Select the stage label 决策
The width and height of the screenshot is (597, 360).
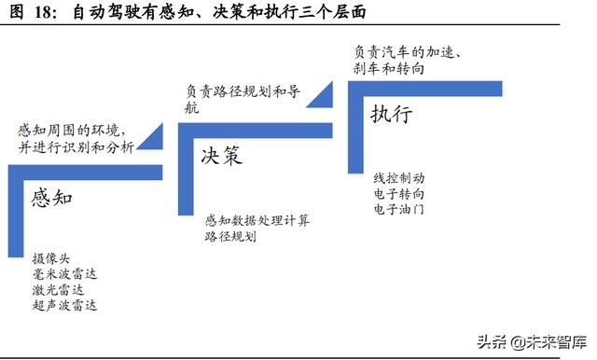[220, 155]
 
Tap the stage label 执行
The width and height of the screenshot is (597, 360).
[391, 115]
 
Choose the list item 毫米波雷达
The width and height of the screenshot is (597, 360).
[63, 274]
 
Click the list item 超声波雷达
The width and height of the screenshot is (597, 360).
[63, 305]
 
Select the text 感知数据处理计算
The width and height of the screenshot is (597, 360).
[257, 221]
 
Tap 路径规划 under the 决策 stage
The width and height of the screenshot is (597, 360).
[230, 237]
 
